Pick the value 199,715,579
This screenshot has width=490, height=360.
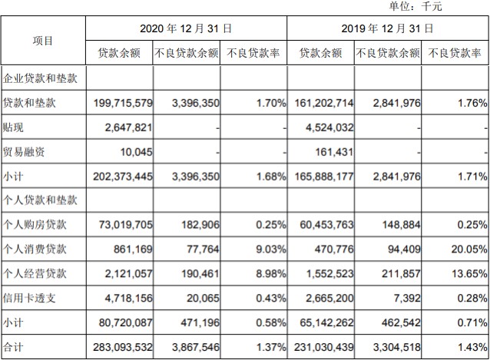click(x=121, y=103)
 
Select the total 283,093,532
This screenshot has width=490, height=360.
click(x=121, y=348)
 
